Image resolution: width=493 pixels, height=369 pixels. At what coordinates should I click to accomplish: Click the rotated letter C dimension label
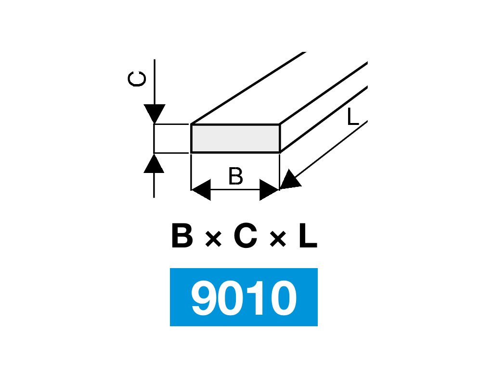click(x=137, y=80)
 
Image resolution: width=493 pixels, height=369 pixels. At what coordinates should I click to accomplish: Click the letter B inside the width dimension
click(x=235, y=177)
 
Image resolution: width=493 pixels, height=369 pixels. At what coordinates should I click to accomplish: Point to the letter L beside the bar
click(x=353, y=118)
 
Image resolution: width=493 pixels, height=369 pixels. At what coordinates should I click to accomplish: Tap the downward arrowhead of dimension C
click(x=154, y=114)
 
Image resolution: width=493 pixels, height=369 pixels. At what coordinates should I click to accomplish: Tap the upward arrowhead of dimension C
click(x=154, y=163)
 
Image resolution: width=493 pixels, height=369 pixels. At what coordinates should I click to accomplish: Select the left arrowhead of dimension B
click(x=201, y=190)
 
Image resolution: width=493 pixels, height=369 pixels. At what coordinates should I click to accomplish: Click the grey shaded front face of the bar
click(x=235, y=138)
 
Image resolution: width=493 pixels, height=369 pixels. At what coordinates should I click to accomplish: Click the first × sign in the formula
click(x=213, y=239)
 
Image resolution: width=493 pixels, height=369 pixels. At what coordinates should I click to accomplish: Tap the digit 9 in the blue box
click(x=205, y=298)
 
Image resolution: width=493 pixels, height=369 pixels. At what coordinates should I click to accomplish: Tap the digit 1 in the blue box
click(x=256, y=298)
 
